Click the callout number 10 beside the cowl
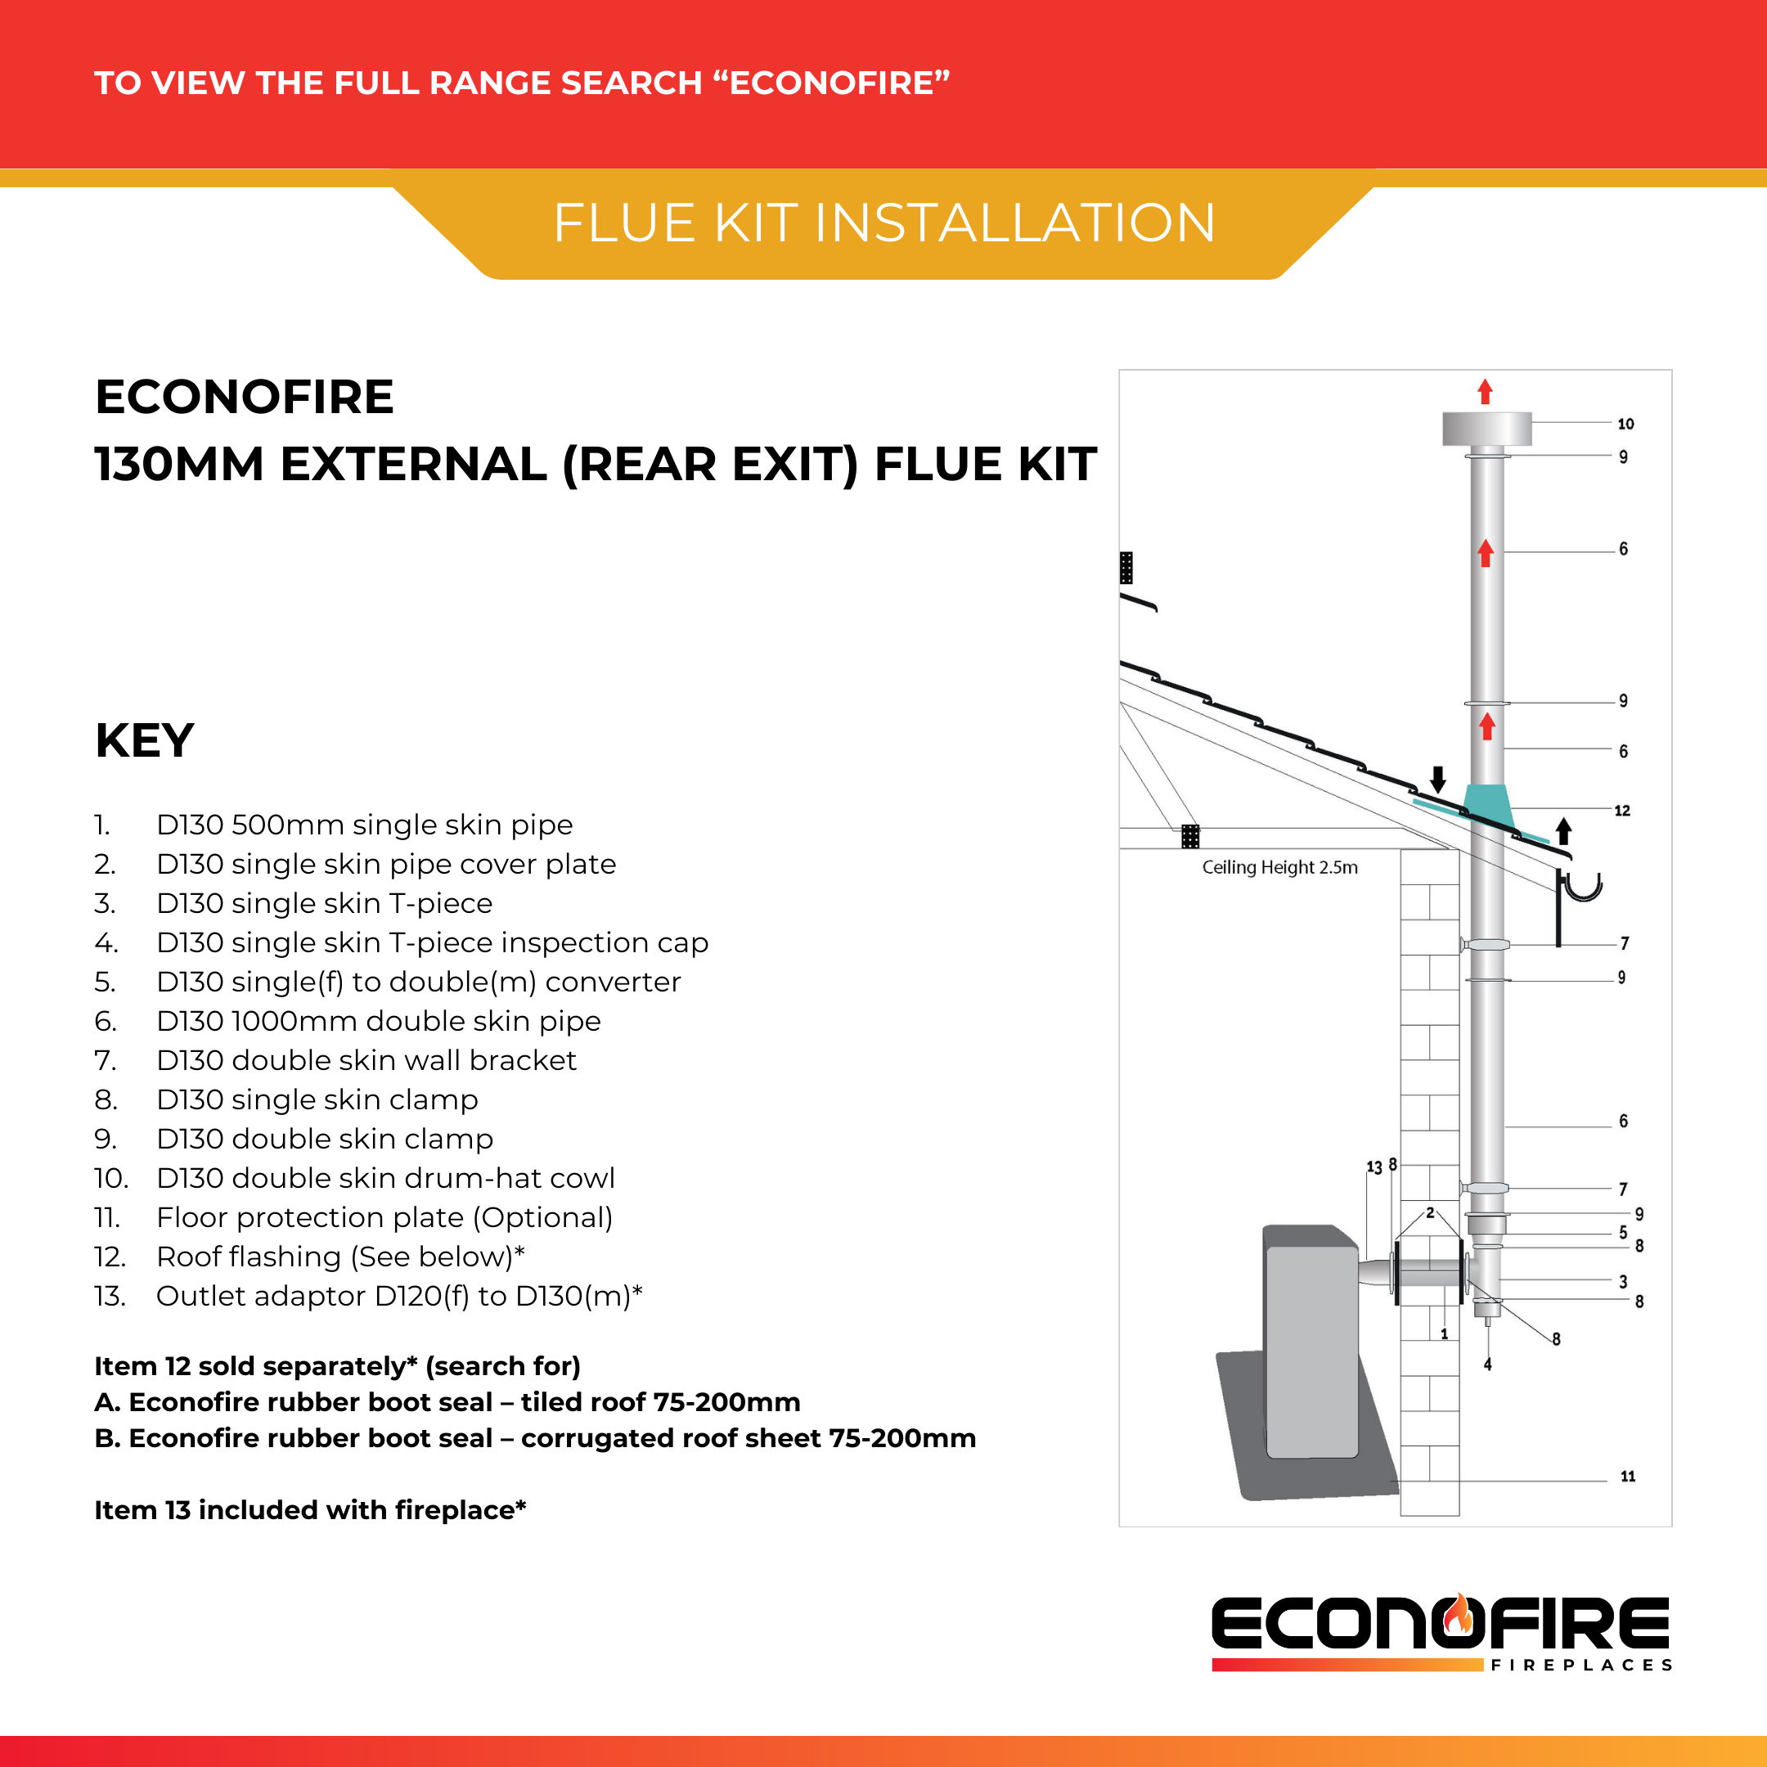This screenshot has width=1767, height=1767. [x=1625, y=424]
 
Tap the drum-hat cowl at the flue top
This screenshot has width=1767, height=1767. [x=1486, y=428]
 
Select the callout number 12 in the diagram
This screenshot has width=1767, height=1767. [x=1621, y=811]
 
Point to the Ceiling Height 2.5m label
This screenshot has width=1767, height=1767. [x=1279, y=867]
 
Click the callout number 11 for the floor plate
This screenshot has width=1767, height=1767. [x=1627, y=1476]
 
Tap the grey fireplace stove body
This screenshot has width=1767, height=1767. [x=1311, y=1344]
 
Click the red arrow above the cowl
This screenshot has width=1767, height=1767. [x=1486, y=392]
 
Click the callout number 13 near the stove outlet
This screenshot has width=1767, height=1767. [x=1374, y=1167]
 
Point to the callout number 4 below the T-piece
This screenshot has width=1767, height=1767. [x=1487, y=1364]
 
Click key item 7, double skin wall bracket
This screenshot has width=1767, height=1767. [x=366, y=1060]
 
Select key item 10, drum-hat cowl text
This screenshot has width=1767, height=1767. [x=385, y=1178]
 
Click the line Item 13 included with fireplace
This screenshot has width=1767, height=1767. [x=310, y=1510]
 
